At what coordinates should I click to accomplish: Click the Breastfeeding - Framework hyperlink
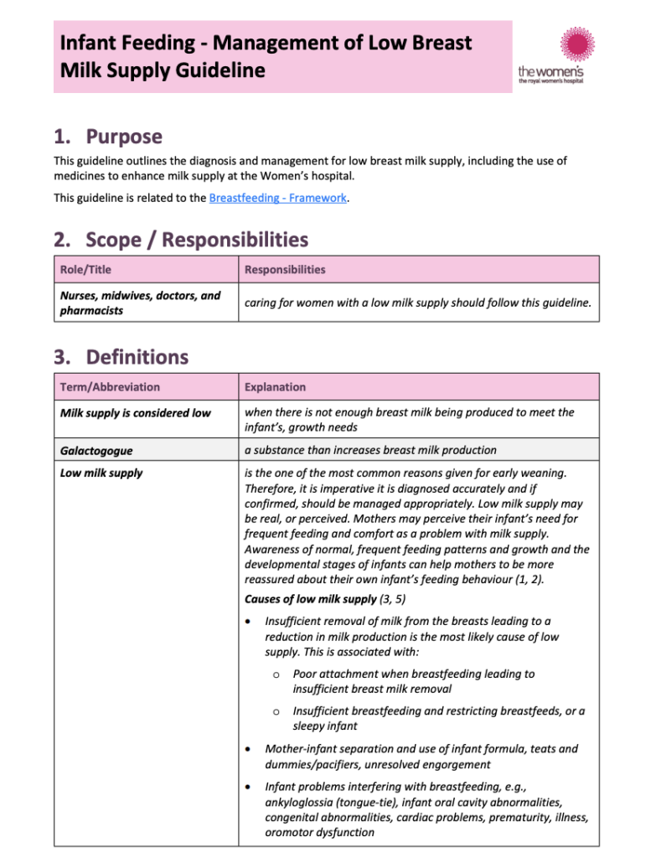[x=277, y=198]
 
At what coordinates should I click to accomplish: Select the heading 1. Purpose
[x=108, y=137]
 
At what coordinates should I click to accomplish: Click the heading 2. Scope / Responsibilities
[x=181, y=240]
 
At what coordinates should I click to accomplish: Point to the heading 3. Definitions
[x=121, y=358]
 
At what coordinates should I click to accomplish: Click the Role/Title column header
[x=85, y=270]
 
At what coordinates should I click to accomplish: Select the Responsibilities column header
[x=284, y=270]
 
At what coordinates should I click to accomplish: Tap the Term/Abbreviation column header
[x=110, y=387]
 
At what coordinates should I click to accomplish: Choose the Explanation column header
[x=275, y=387]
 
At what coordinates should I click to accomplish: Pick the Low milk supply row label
[x=101, y=473]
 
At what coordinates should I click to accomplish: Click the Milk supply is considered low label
[x=136, y=413]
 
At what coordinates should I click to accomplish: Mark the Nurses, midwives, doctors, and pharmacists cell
[x=140, y=303]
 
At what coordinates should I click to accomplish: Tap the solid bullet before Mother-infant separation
[x=247, y=749]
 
